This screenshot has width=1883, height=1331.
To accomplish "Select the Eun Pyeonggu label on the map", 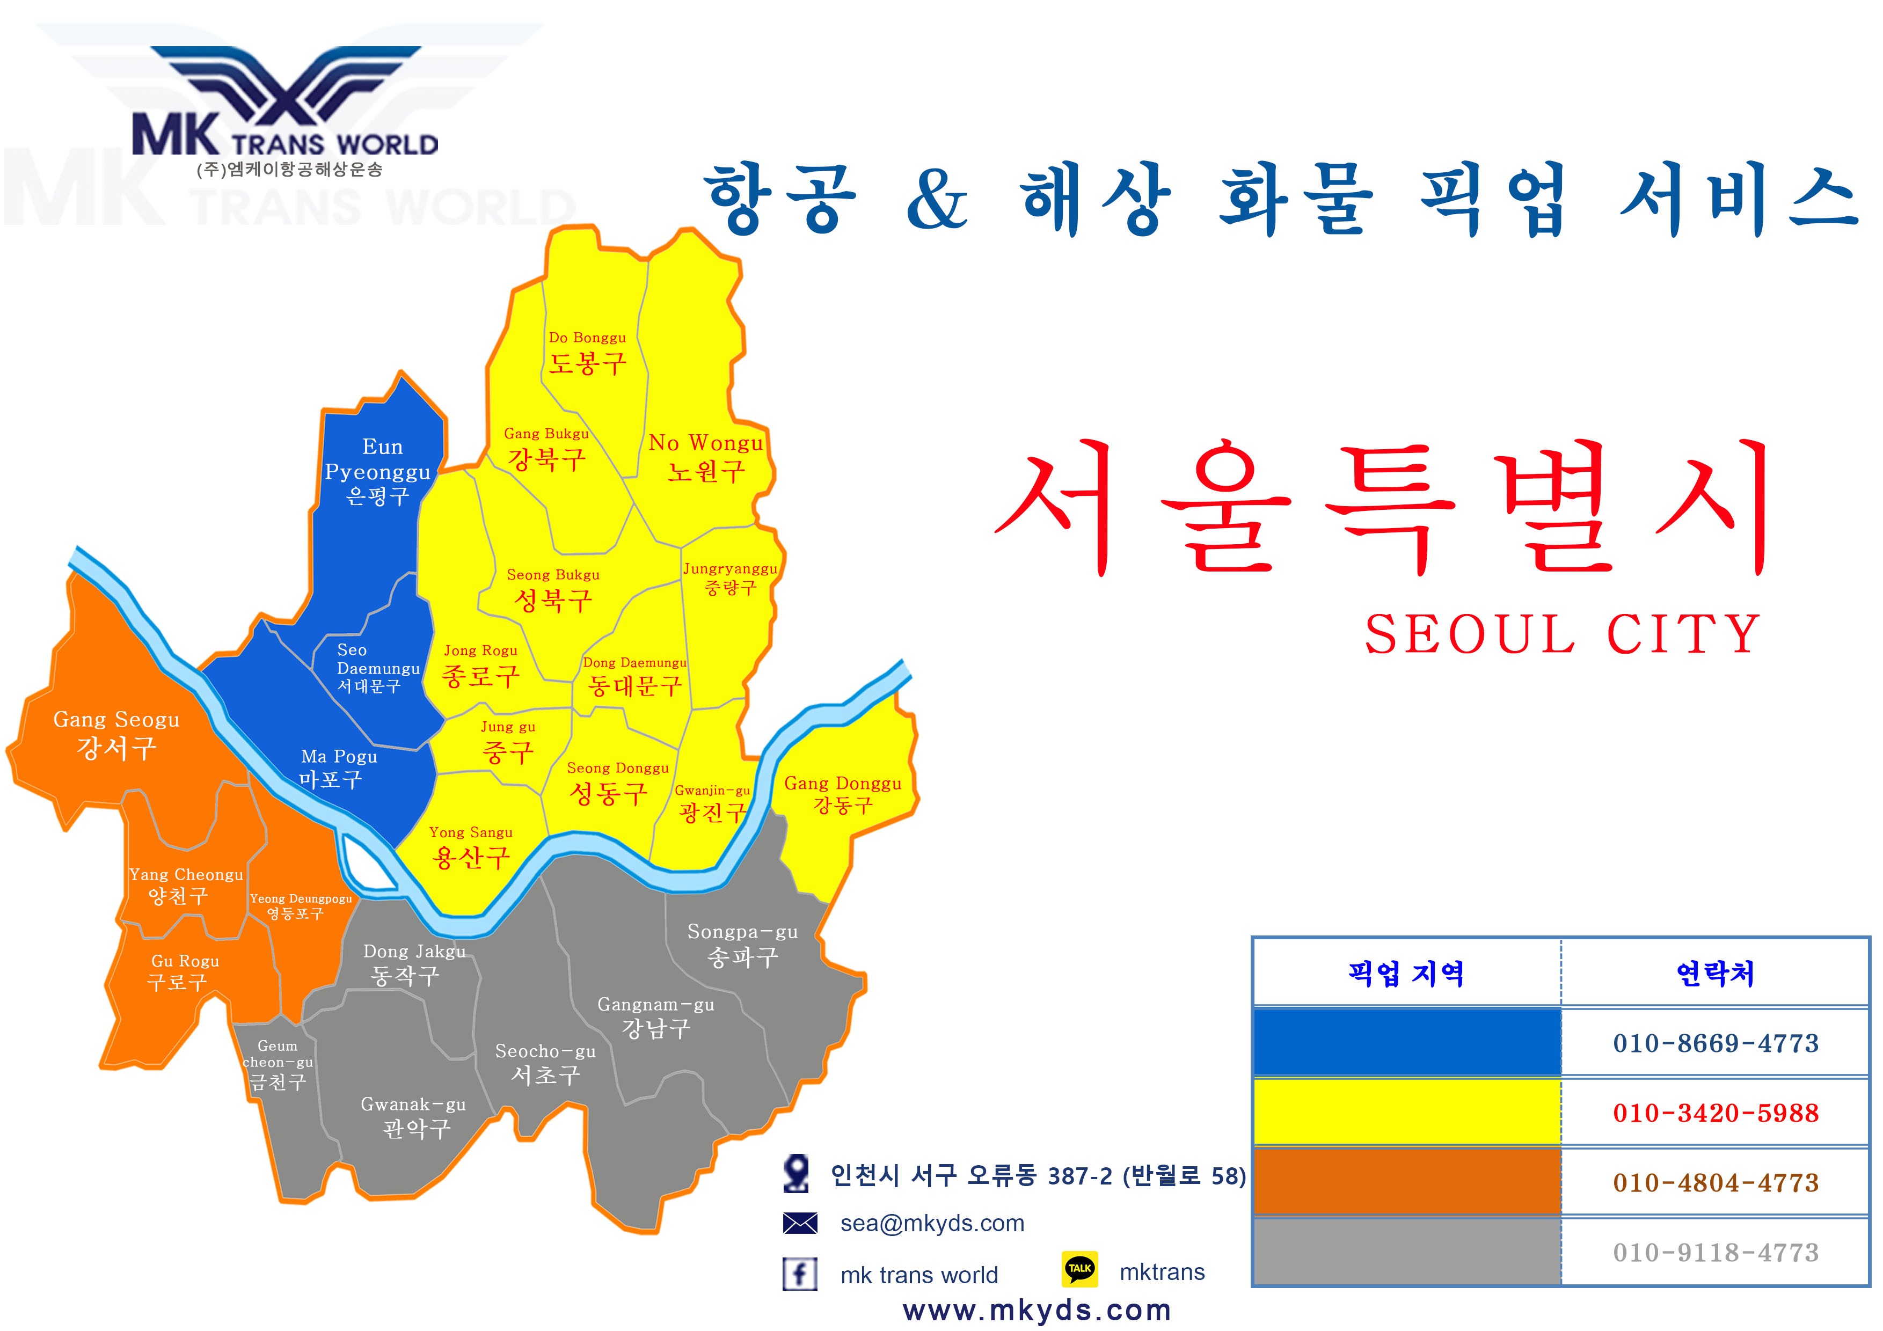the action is (x=377, y=472).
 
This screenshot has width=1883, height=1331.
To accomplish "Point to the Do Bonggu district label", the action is (x=587, y=353).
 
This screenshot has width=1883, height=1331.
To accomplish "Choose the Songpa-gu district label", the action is (x=742, y=945).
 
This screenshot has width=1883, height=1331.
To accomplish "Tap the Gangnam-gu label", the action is (x=655, y=1017).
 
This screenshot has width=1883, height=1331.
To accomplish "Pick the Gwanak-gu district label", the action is (x=413, y=1117).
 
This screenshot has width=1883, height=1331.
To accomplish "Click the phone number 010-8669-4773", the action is (x=1716, y=1043).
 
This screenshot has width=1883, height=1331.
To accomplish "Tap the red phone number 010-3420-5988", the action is (x=1716, y=1113).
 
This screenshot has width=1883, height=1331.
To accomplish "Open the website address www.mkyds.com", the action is (x=1037, y=1310).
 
